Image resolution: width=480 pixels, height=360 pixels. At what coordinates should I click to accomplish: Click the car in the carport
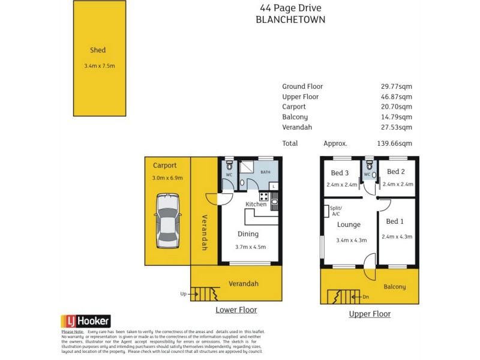pos(167,221)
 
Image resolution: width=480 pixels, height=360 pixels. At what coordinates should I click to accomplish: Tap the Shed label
pos(98,50)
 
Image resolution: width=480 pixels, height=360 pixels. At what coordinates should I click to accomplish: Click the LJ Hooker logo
pos(86,321)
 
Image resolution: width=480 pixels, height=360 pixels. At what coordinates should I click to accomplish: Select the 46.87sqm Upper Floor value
pos(397,97)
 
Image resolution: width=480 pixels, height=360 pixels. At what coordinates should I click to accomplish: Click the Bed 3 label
pos(341,173)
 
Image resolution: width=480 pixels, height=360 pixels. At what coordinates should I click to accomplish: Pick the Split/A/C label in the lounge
pos(335,211)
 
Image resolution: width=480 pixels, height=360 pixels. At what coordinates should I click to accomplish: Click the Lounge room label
pos(349,225)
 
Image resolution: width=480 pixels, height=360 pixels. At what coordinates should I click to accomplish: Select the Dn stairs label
pos(365,296)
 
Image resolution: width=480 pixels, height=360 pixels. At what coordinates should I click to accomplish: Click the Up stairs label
pos(183,294)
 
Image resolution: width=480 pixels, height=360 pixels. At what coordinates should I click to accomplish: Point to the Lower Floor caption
pos(236,310)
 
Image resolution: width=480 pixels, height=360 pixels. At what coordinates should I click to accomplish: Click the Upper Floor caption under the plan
pos(370,314)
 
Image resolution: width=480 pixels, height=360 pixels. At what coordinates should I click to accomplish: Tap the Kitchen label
pos(256,205)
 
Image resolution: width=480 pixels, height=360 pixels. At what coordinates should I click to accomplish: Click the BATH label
pos(266,172)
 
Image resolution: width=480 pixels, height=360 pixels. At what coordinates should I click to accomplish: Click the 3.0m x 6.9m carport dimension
pos(167,178)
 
